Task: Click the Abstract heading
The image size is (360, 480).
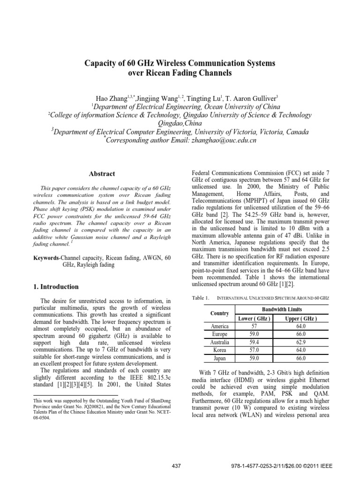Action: point(102,173)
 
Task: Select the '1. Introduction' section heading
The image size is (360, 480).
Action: point(59,286)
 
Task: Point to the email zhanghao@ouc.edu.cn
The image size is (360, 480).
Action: point(219,140)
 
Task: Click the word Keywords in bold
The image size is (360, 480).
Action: point(48,258)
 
